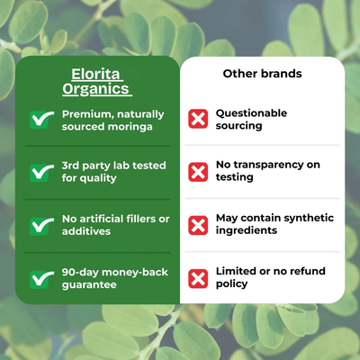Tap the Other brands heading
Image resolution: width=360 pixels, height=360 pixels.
(262, 73)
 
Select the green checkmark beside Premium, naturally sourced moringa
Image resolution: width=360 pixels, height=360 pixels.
(40, 120)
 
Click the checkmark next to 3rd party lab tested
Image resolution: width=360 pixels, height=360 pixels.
(40, 171)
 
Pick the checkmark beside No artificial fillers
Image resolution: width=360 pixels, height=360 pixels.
(40, 224)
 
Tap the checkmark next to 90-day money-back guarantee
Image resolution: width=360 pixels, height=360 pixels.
(40, 277)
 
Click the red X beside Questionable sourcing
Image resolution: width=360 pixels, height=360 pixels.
(198, 120)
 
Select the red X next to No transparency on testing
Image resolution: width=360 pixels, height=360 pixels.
(198, 171)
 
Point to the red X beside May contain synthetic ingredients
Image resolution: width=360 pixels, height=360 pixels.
(198, 224)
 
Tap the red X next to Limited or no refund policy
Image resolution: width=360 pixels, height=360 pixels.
(198, 277)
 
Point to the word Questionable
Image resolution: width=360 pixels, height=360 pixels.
(251, 113)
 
